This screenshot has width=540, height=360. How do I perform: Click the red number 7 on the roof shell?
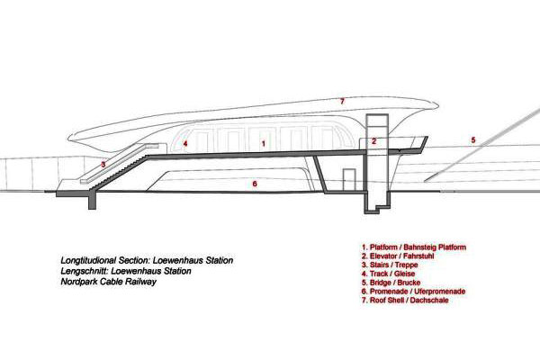coord(342,100)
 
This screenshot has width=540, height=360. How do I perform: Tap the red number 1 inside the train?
coord(263,143)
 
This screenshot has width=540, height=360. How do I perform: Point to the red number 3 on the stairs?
coord(103,165)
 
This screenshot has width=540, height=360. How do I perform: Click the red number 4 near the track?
coord(184,143)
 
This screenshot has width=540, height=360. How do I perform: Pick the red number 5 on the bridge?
coord(472,139)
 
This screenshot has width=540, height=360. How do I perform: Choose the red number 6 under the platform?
coord(255,184)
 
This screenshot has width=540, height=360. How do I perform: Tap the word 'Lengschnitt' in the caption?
coord(73,271)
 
